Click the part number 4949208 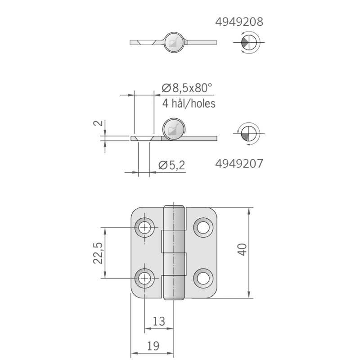click(x=239, y=22)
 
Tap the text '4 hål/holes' click(x=189, y=103)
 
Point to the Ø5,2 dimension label click(x=171, y=166)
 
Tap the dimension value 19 click(x=153, y=346)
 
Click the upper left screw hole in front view click(x=145, y=228)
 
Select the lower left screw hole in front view click(x=145, y=278)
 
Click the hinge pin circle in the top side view click(x=173, y=42)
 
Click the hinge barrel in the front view click(x=174, y=252)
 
